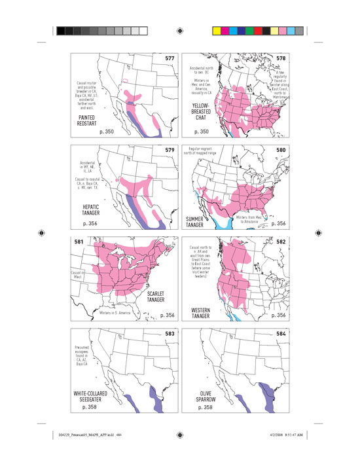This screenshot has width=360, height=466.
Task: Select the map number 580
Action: pos(279,150)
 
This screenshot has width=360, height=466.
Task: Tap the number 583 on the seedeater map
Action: pos(170,333)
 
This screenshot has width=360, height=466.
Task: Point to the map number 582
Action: pos(279,242)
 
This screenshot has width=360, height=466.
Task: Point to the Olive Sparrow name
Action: pos(204,398)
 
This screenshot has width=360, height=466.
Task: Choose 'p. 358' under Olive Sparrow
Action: pos(204,408)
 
